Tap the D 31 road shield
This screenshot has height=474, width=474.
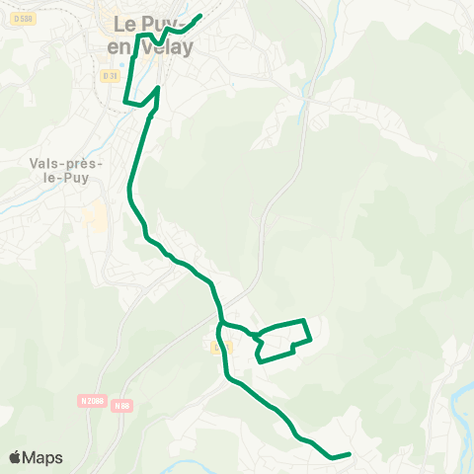[x=109, y=75]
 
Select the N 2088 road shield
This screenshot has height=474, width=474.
[x=92, y=401]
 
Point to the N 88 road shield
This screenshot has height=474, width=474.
[x=121, y=405]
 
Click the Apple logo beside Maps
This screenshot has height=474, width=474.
[x=15, y=457]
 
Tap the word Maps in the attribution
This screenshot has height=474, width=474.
[x=43, y=457]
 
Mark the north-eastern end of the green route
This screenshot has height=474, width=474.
[x=200, y=16]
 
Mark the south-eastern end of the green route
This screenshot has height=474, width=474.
[x=350, y=454]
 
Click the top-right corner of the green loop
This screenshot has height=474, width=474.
[x=305, y=321]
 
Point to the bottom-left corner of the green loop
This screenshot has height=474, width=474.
[x=259, y=361]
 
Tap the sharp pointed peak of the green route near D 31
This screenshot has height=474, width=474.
[x=158, y=88]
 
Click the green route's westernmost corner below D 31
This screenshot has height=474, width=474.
[x=124, y=101]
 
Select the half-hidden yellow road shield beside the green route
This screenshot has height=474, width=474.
[x=219, y=346]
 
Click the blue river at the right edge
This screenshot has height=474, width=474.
[x=462, y=395]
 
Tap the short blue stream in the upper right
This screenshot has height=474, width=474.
[x=303, y=109]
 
